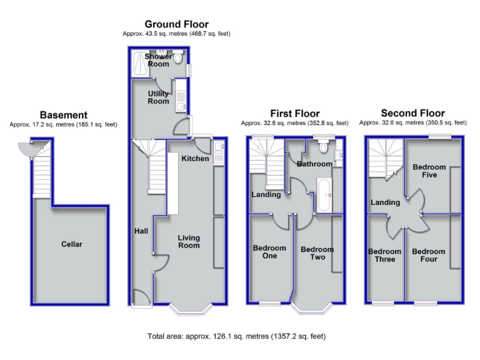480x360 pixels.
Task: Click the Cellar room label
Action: click(72, 244)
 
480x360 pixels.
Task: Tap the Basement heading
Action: click(63, 115)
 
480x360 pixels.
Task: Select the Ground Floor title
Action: click(177, 24)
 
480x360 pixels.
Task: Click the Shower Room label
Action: click(157, 60)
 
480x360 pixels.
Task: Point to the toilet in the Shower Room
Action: click(177, 58)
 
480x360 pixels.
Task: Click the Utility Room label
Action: click(158, 97)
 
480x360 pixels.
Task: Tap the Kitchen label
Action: click(195, 159)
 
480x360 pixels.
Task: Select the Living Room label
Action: click(188, 241)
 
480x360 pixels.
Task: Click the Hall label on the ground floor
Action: click(141, 231)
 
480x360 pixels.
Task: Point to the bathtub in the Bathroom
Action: click(325, 195)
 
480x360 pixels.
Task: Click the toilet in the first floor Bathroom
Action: click(323, 147)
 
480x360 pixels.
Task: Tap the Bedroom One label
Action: click(269, 252)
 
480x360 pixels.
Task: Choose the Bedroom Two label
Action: click(317, 253)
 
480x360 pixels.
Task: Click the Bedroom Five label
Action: click(429, 171)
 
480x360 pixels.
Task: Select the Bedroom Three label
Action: click(384, 255)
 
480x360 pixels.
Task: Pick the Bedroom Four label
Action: click(429, 255)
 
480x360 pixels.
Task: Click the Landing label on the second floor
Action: click(385, 202)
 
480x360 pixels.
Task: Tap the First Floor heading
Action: click(289, 114)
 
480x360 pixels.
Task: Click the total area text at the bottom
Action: click(236, 336)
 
